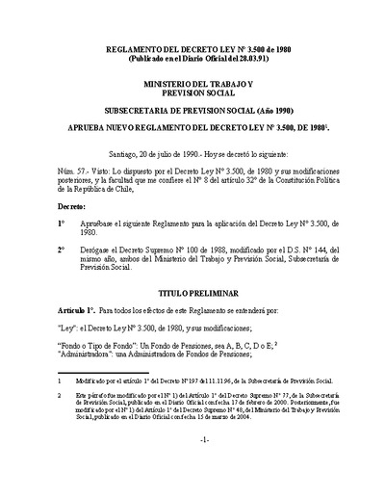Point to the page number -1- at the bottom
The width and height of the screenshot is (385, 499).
click(x=192, y=466)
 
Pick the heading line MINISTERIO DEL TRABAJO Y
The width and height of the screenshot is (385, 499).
click(x=192, y=86)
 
